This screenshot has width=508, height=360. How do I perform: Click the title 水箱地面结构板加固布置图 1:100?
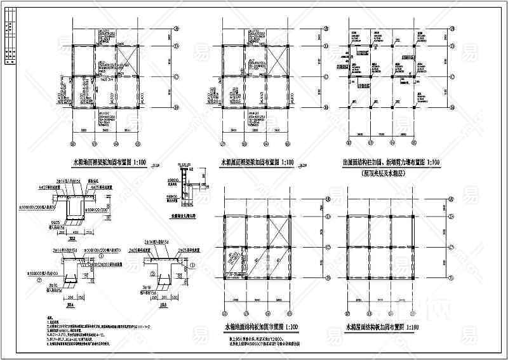tap(260, 326)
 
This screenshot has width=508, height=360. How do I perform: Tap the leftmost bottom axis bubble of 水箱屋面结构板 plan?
tap(348, 312)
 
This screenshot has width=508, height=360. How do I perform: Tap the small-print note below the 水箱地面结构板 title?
tap(260, 338)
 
